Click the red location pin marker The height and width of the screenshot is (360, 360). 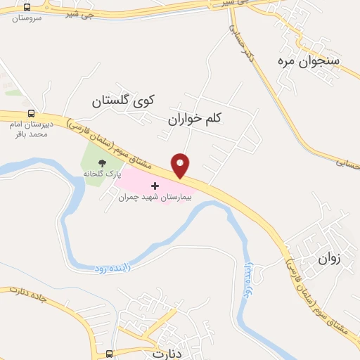[x=181, y=165]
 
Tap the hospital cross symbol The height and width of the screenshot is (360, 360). [x=155, y=186]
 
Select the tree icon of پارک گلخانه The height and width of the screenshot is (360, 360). [x=103, y=164]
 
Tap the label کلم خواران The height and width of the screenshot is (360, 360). [x=194, y=120]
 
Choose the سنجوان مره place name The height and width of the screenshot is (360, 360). [x=309, y=61]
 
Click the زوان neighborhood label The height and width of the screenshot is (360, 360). [x=329, y=258]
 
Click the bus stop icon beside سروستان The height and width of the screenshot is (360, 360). [x=27, y=7]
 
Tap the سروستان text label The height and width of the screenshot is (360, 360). [x=27, y=18]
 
